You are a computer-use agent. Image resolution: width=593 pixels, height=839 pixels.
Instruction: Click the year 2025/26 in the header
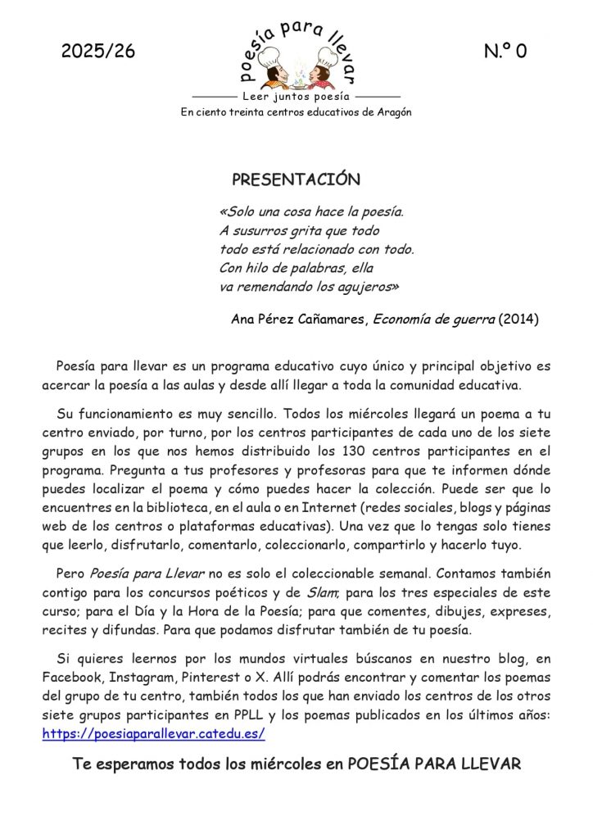97,52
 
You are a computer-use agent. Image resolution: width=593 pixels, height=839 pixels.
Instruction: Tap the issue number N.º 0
505,52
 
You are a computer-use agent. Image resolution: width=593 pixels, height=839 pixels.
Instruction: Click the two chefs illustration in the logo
296,72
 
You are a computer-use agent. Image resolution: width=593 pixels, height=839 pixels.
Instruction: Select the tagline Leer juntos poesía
296,97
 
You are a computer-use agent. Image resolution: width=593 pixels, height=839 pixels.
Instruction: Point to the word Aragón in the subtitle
392,112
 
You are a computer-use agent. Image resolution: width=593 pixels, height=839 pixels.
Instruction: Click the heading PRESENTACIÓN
296,179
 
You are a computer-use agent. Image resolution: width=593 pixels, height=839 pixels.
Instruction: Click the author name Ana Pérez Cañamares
299,320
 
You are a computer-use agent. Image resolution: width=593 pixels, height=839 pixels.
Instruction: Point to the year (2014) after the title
518,320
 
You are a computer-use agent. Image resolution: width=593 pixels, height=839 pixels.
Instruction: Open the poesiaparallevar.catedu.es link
153,734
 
